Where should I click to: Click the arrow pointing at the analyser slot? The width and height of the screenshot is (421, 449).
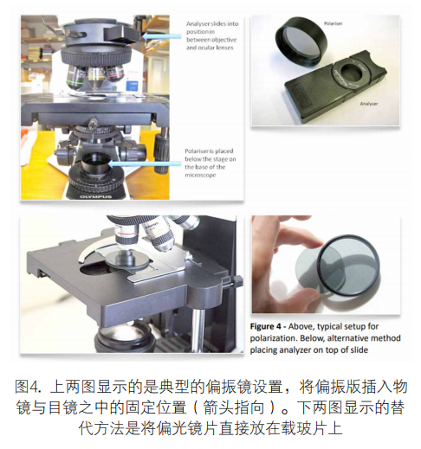point(162,36)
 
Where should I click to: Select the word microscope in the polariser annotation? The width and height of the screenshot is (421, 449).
point(200,175)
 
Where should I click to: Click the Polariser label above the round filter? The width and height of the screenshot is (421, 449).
point(333,23)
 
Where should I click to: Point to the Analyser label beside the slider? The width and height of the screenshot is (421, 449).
point(369,104)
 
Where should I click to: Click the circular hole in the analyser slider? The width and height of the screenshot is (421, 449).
point(351,72)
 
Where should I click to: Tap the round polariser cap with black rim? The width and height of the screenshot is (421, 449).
point(301,41)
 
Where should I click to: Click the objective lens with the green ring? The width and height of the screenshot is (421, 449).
point(75,78)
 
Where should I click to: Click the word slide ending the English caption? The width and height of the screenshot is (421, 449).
point(359,350)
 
